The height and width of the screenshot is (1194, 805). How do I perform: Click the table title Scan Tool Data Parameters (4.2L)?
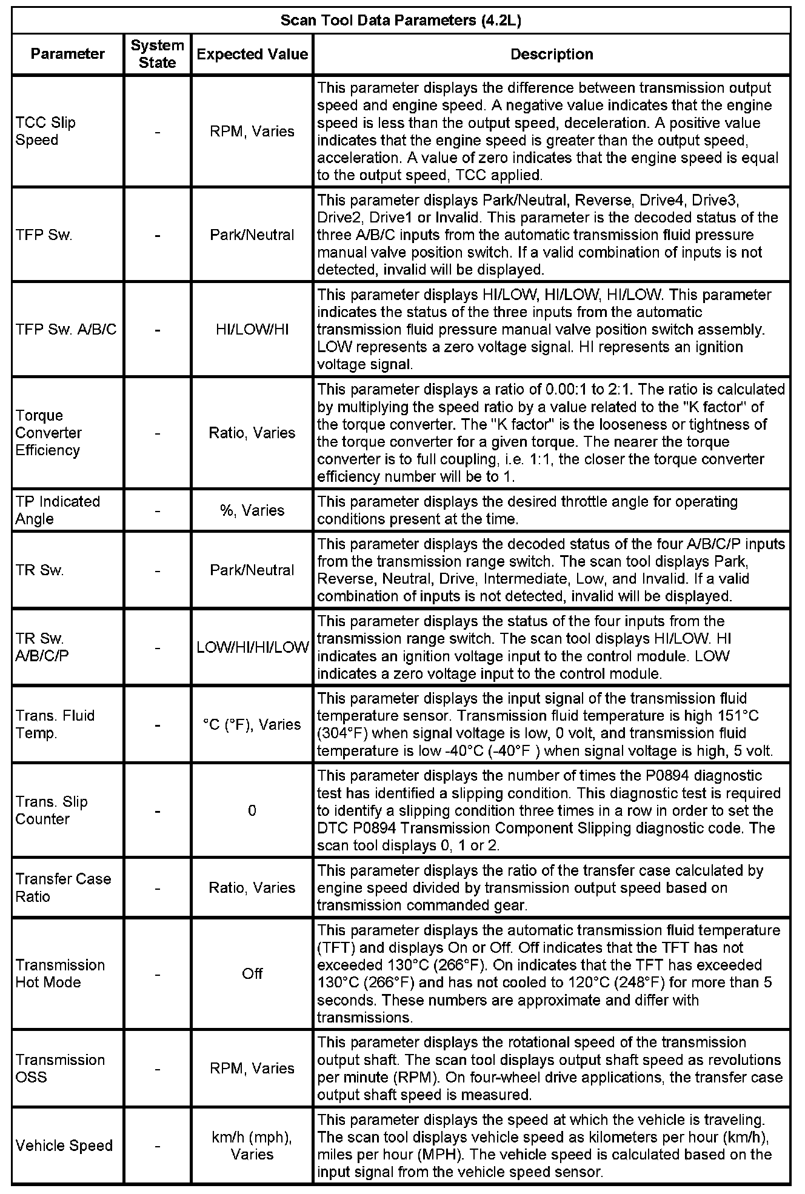pyautogui.click(x=401, y=21)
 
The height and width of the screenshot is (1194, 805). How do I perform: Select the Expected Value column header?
pyautogui.click(x=252, y=54)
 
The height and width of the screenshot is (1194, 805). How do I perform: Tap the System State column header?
pyautogui.click(x=157, y=54)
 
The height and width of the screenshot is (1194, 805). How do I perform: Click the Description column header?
pyautogui.click(x=552, y=54)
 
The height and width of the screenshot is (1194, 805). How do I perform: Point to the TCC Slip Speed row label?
pyautogui.click(x=45, y=132)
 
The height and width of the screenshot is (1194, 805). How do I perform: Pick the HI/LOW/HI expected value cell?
pyautogui.click(x=252, y=330)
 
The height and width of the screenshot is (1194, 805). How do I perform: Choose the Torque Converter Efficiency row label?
pyautogui.click(x=48, y=433)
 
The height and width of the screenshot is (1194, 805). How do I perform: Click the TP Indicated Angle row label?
pyautogui.click(x=58, y=510)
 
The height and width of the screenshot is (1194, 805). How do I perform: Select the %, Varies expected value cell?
pyautogui.click(x=252, y=510)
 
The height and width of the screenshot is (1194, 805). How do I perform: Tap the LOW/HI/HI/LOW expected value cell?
pyautogui.click(x=252, y=647)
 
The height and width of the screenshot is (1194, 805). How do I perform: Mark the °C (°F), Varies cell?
pyautogui.click(x=252, y=724)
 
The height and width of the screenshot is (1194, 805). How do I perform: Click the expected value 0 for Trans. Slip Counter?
pyautogui.click(x=252, y=810)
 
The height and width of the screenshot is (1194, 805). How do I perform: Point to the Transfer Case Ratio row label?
pyautogui.click(x=63, y=887)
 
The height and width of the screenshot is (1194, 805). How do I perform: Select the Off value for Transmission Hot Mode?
pyautogui.click(x=252, y=973)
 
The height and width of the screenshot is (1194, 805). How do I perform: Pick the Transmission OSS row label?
pyautogui.click(x=60, y=1068)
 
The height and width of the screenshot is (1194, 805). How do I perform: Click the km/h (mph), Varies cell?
pyautogui.click(x=252, y=1146)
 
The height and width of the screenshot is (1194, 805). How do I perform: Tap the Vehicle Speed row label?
pyautogui.click(x=64, y=1146)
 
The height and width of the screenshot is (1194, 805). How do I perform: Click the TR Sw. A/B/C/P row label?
pyautogui.click(x=42, y=647)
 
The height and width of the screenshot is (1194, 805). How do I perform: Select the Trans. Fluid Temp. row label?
pyautogui.click(x=55, y=724)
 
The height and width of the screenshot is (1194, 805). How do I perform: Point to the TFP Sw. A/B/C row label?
pyautogui.click(x=66, y=330)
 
